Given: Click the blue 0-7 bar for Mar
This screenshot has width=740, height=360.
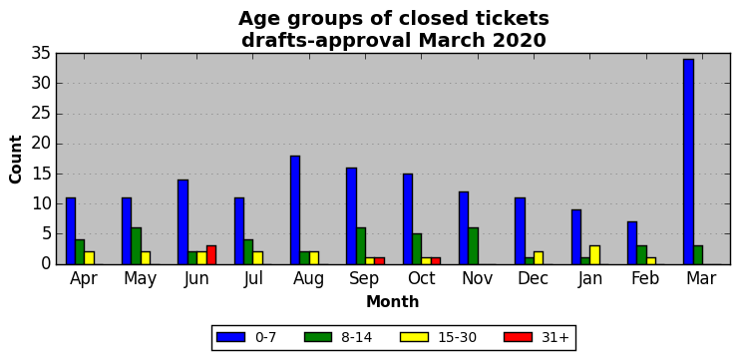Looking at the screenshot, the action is click(688, 162).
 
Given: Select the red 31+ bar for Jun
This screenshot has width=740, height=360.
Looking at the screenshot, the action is click(211, 254).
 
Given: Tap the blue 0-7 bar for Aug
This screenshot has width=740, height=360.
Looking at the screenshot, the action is click(295, 210).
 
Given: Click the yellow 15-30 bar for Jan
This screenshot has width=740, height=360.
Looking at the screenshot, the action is click(595, 254).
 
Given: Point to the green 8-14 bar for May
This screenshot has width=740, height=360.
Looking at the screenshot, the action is click(136, 246).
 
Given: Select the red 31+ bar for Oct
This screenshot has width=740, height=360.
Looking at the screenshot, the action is click(436, 261).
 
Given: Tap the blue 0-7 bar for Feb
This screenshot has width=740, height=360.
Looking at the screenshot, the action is click(632, 243).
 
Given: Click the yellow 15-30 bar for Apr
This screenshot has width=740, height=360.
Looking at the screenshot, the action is click(89, 258).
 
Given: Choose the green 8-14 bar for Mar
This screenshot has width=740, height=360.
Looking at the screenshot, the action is click(698, 254).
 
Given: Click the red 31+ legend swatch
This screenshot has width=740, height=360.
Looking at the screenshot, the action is click(519, 337).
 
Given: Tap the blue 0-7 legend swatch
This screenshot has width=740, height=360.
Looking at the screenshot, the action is click(230, 337).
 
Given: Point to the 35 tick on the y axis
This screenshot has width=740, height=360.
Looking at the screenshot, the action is click(57, 53).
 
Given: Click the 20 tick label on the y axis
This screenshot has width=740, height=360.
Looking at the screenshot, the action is click(41, 144).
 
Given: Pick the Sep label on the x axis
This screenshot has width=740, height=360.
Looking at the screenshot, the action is click(364, 279).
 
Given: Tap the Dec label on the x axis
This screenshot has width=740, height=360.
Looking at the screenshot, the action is click(533, 278).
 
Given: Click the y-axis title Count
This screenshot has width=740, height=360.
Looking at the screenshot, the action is click(16, 159).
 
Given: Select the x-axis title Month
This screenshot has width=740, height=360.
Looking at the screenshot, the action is click(393, 301).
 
